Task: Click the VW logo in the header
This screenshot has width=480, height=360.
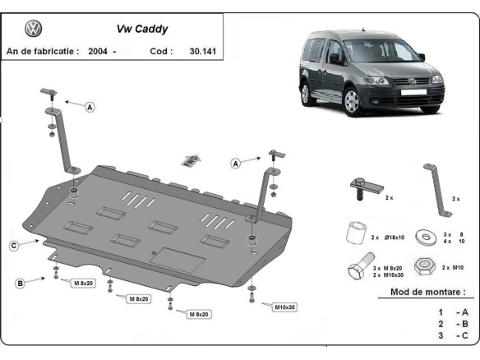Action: [34, 30]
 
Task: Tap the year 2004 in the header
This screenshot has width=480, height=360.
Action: [95, 51]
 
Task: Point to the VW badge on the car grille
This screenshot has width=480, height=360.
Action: [412, 82]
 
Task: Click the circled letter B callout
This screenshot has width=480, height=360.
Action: [20, 284]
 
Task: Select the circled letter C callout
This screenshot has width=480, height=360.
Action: [15, 245]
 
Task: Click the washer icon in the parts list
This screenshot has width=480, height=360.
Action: [427, 237]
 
